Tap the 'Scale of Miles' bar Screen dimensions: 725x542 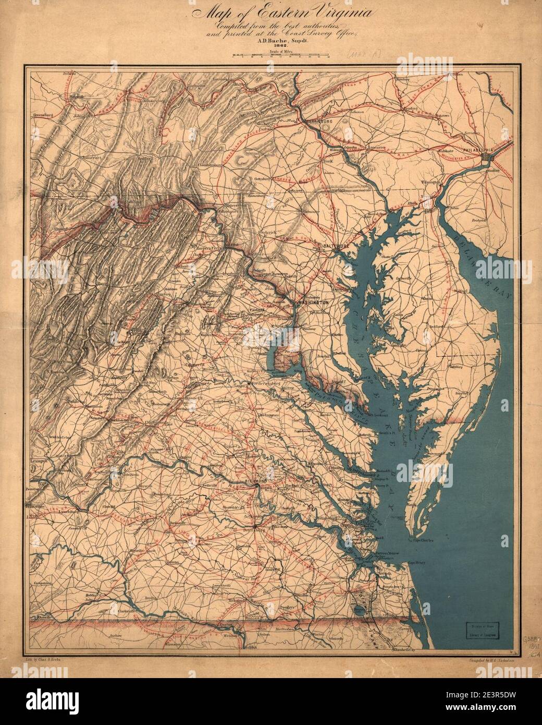pos(280,55)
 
